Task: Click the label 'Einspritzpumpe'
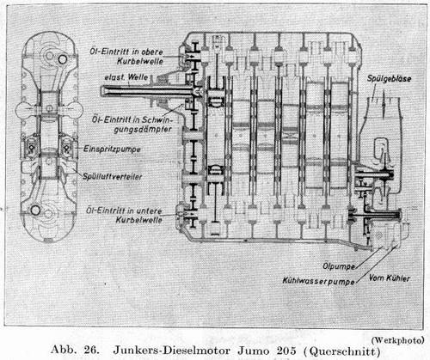(x=112, y=149)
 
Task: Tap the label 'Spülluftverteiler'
(x=113, y=176)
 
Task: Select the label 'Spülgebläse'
(x=389, y=79)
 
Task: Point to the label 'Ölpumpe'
(x=339, y=266)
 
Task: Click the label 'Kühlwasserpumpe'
(x=319, y=281)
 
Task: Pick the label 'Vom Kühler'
(x=389, y=278)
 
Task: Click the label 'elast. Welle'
(x=126, y=77)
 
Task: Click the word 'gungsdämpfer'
(x=143, y=130)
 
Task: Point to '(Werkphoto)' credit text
(x=398, y=340)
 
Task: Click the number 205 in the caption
(x=286, y=351)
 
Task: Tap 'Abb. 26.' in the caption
(x=75, y=350)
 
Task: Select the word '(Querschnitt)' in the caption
(x=341, y=351)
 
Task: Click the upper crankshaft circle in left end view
(x=63, y=59)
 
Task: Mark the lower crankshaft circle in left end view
(x=35, y=210)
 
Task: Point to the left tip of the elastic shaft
(x=101, y=91)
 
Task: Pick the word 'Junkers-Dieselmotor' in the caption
(x=172, y=351)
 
